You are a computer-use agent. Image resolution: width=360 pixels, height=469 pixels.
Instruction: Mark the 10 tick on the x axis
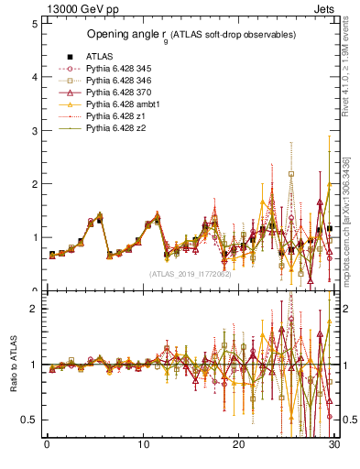(143, 446)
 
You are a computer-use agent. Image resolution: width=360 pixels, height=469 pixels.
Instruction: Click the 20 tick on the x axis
(239, 446)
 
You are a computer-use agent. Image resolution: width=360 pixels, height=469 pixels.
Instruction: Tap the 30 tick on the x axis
(334, 446)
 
